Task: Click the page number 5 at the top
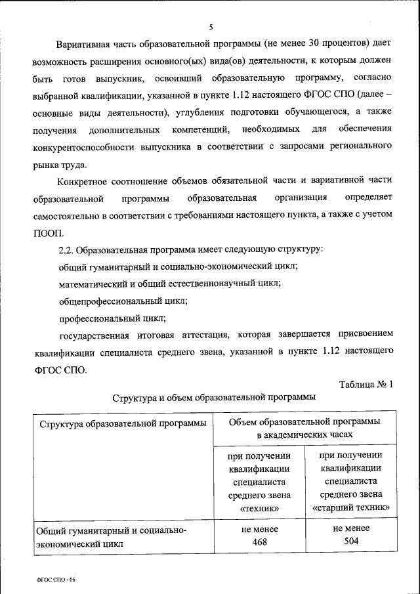click(x=211, y=27)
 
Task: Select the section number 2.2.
click(x=68, y=250)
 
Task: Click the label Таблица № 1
click(x=366, y=385)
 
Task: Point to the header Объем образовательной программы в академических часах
click(x=304, y=427)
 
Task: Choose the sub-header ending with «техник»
click(x=259, y=481)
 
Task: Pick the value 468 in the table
click(x=259, y=542)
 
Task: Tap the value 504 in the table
click(x=351, y=541)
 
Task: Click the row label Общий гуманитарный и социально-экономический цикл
click(x=112, y=537)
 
